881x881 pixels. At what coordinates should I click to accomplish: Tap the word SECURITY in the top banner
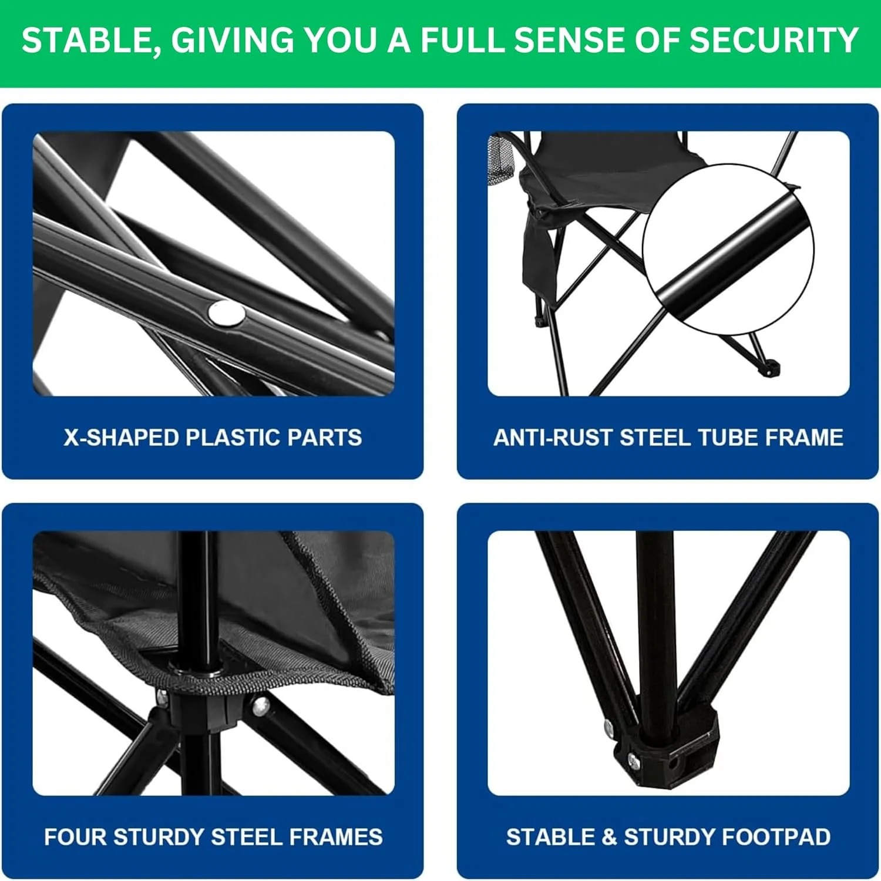774,40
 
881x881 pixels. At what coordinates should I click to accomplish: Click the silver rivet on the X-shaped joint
226,313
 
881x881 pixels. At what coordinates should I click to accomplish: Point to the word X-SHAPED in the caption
121,438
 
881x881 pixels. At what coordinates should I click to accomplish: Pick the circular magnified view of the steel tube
728,250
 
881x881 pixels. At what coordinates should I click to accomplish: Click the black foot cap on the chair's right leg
769,368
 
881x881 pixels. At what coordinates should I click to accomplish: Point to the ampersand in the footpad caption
609,837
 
